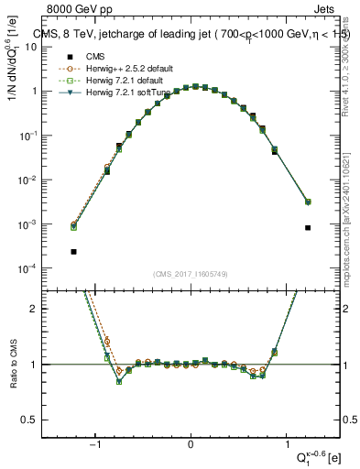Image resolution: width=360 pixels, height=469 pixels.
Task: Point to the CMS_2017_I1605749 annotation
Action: click(x=191, y=274)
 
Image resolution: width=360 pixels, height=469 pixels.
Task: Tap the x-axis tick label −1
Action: click(x=96, y=444)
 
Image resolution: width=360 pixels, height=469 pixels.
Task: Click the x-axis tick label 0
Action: click(x=191, y=444)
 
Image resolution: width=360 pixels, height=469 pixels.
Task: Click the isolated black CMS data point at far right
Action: click(x=308, y=227)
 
